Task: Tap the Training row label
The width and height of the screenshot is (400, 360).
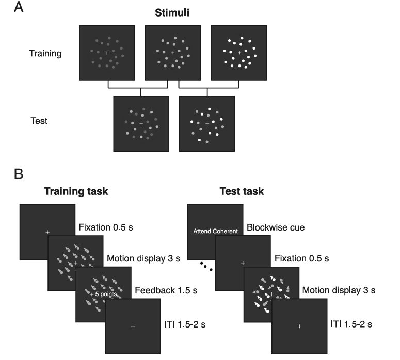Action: [45, 53]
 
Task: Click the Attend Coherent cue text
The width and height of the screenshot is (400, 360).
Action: [216, 232]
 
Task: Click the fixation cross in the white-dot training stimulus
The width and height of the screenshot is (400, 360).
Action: [239, 53]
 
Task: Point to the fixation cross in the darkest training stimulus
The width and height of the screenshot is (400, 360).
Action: [107, 53]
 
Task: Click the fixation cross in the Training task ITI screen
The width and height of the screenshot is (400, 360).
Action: [133, 326]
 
